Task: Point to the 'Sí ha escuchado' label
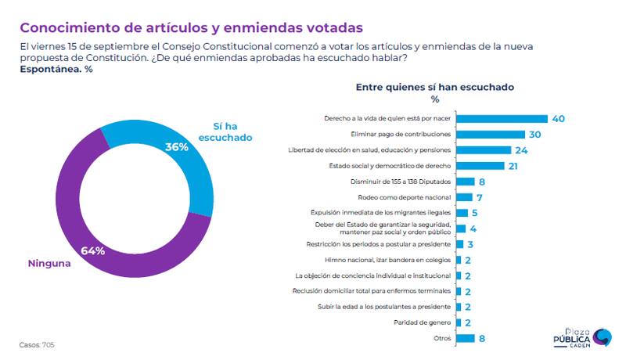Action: click(x=232, y=131)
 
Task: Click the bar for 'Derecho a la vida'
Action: click(x=502, y=119)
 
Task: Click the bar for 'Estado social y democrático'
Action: click(x=480, y=166)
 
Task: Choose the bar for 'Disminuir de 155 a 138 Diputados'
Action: click(x=465, y=182)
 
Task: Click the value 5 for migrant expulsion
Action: click(x=475, y=213)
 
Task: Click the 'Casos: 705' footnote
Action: click(x=37, y=344)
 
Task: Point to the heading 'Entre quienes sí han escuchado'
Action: click(x=434, y=87)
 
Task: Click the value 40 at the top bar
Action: click(x=557, y=119)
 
